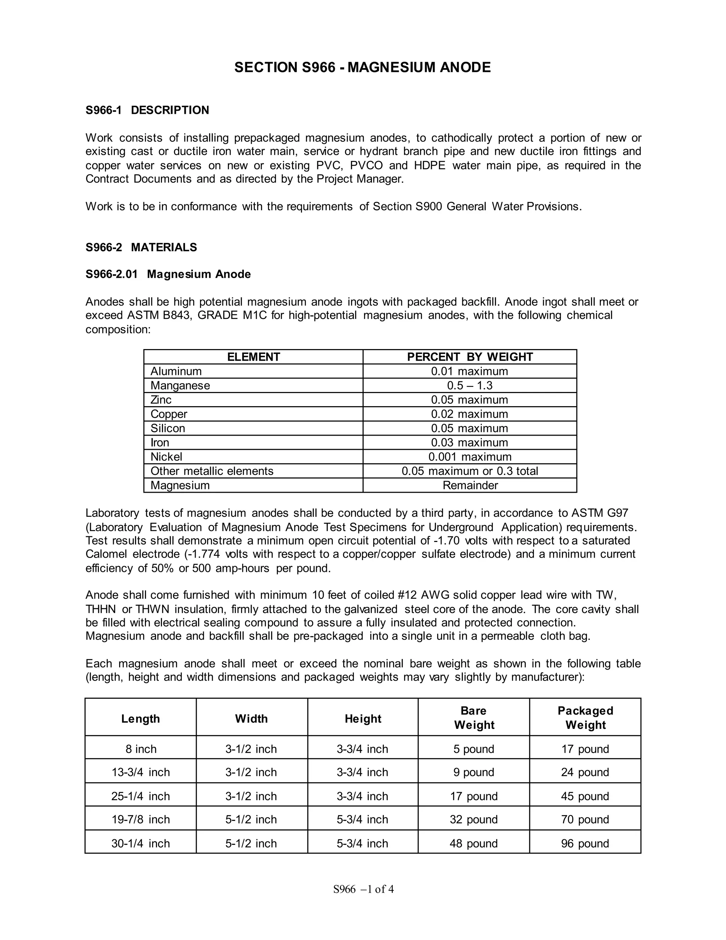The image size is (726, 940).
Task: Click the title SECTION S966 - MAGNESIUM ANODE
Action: [x=362, y=67]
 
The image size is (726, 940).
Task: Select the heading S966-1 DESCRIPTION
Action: [x=147, y=110]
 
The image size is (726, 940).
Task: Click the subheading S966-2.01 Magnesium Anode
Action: [x=168, y=274]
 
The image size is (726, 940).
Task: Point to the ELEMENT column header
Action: [x=253, y=357]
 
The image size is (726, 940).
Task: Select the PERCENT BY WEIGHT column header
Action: [x=470, y=357]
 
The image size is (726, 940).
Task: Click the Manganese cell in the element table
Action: [x=180, y=385]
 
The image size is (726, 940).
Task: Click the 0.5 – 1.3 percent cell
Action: [x=470, y=385]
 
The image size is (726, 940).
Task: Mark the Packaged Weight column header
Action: [x=585, y=718]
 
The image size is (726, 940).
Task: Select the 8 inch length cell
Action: [x=141, y=749]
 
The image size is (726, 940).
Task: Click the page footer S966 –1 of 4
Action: [x=363, y=889]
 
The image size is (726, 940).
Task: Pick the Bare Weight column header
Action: [x=474, y=718]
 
